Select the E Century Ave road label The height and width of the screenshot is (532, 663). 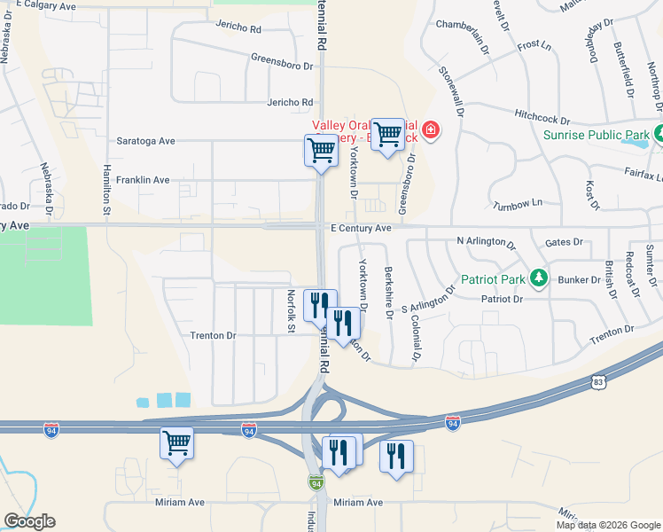coord(361,228)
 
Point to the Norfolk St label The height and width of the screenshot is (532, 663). coord(290,312)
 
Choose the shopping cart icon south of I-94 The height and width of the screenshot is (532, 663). coord(176,442)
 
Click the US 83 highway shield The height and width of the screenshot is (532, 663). coord(600,382)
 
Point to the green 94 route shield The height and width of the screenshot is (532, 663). coord(316,482)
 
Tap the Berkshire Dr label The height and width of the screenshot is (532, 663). coord(388,292)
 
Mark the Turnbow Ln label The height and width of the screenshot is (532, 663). coord(518,203)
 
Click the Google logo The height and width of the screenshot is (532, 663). coord(29,521)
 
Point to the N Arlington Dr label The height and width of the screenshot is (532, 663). coord(486,241)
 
